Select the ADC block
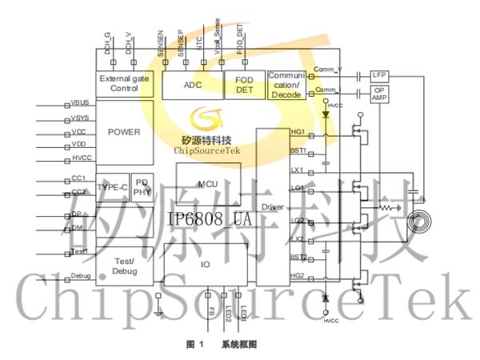(x=193, y=84)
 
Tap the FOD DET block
(x=244, y=84)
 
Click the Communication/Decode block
(x=286, y=84)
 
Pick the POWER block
(x=124, y=133)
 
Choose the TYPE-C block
(x=112, y=186)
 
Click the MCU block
(x=208, y=182)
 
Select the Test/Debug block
(x=124, y=266)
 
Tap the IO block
(x=206, y=264)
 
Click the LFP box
(x=378, y=74)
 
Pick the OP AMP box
(x=378, y=94)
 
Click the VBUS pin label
(x=79, y=103)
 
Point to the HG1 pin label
(x=297, y=131)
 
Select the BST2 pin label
(x=298, y=257)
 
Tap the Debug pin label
(x=80, y=276)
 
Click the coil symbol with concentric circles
(x=420, y=222)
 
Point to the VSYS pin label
(x=79, y=118)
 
